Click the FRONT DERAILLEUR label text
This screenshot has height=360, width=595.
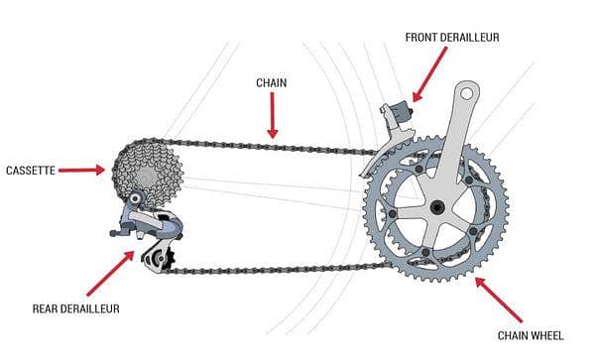(452, 37)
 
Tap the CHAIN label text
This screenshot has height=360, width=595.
(271, 83)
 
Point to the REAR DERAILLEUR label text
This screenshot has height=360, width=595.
(74, 308)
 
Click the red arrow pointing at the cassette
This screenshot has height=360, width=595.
(81, 170)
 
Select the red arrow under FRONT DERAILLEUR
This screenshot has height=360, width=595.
(428, 78)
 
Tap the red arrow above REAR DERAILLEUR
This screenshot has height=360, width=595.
(108, 273)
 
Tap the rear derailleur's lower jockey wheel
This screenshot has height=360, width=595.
(156, 259)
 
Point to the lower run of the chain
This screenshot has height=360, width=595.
(278, 268)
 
